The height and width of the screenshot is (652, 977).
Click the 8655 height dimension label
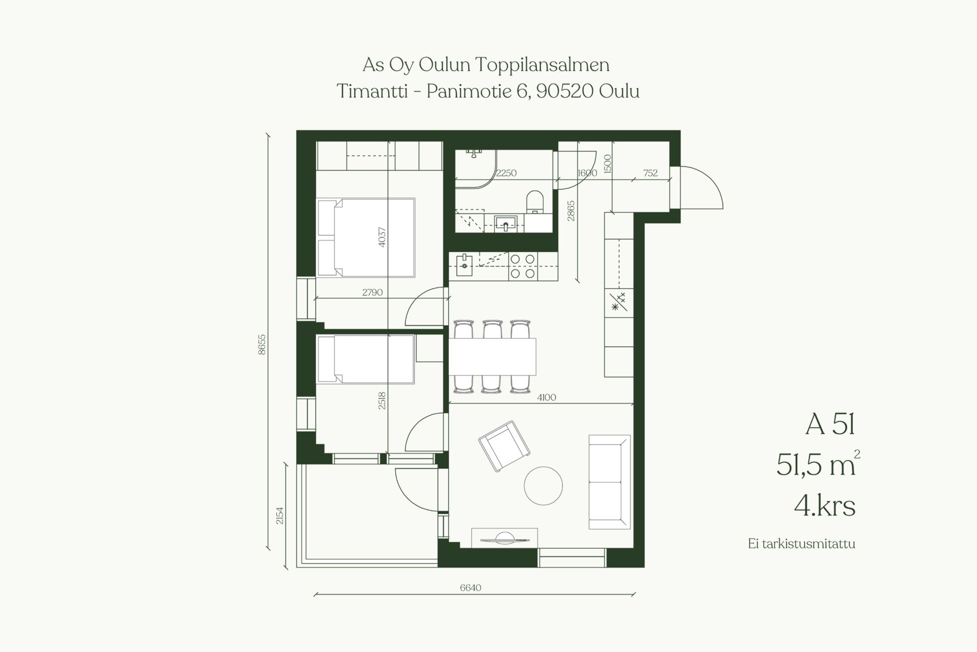click(x=262, y=344)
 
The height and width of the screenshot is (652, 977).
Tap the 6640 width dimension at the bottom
click(x=470, y=588)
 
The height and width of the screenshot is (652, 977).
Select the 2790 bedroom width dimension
click(x=372, y=293)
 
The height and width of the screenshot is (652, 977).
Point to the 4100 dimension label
click(x=547, y=398)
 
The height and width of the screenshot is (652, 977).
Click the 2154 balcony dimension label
click(x=279, y=516)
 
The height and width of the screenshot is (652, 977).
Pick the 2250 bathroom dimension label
click(x=506, y=173)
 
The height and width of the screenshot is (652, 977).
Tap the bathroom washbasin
click(x=506, y=223)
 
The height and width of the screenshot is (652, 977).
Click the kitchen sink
click(x=465, y=265)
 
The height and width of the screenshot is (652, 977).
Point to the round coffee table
click(x=543, y=486)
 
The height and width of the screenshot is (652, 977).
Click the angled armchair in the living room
click(x=504, y=446)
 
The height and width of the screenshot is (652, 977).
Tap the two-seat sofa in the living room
click(x=610, y=482)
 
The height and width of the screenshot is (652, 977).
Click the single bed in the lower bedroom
click(x=365, y=359)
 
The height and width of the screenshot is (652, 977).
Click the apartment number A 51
click(x=830, y=424)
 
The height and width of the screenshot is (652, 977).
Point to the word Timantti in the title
click(x=372, y=92)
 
